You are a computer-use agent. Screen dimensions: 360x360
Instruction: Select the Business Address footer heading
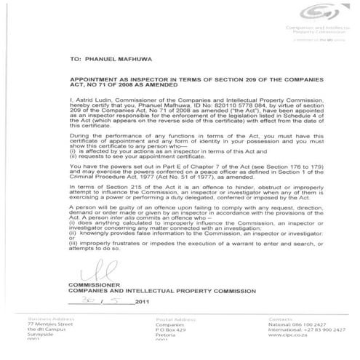pyautogui.click(x=47, y=318)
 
